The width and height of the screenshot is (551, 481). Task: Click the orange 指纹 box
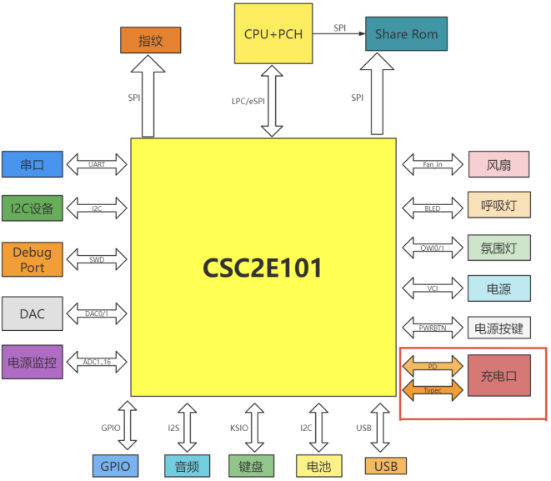pos(150,40)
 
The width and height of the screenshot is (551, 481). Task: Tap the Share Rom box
pos(406,33)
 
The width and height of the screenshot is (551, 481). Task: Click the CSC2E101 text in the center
pos(262,268)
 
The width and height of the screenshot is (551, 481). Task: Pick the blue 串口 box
pos(32,165)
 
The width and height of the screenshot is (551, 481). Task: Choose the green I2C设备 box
pos(32,208)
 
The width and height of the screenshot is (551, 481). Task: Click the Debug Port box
pos(32,259)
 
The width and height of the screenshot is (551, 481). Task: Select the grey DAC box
pos(32,313)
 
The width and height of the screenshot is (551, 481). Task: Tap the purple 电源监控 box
pos(32,362)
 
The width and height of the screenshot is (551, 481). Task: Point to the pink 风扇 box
pos(498,165)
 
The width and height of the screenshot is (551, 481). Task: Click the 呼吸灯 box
pos(498,206)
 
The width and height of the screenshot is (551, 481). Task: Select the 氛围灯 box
pos(498,247)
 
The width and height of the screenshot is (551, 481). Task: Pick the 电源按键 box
pos(498,328)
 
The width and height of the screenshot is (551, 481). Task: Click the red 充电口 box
pos(498,375)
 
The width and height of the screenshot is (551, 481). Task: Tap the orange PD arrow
pos(433,366)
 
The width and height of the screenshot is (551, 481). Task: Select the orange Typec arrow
pos(433,389)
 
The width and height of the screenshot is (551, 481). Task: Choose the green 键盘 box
pos(251,466)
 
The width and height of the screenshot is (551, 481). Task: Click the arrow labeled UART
pos(97,165)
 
